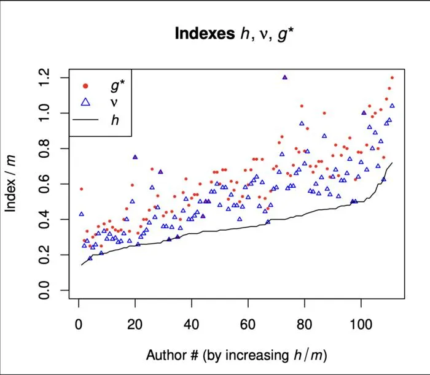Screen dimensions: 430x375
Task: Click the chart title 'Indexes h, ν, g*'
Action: coord(235,34)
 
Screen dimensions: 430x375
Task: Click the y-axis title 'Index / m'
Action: coord(10,184)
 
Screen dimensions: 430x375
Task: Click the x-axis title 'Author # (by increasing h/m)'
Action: coord(237,355)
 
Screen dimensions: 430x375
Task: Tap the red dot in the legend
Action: coord(85,86)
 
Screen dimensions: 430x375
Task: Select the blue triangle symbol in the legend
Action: coord(85,102)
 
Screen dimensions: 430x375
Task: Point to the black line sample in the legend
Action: coord(85,120)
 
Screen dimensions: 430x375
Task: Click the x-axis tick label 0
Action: coord(79,324)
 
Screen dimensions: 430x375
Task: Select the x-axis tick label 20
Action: coord(135,324)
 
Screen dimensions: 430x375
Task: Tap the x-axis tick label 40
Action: coord(192,324)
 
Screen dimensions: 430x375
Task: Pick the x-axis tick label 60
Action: coord(248,324)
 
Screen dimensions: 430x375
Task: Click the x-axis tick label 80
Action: coord(305,324)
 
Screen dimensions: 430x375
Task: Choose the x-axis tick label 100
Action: coord(361,324)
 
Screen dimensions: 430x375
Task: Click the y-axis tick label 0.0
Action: coord(44,290)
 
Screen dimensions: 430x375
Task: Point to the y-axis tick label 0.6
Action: coord(44,184)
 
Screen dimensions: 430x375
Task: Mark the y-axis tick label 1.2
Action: coord(44,77)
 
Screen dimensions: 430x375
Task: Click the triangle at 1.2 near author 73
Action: coord(284,77)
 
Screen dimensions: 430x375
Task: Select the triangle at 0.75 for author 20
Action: coord(135,157)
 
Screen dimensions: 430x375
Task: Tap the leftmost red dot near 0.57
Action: coord(81,189)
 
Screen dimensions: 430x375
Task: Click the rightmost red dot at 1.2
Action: coord(392,78)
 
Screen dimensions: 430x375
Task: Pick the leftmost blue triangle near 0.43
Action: coord(82,214)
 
